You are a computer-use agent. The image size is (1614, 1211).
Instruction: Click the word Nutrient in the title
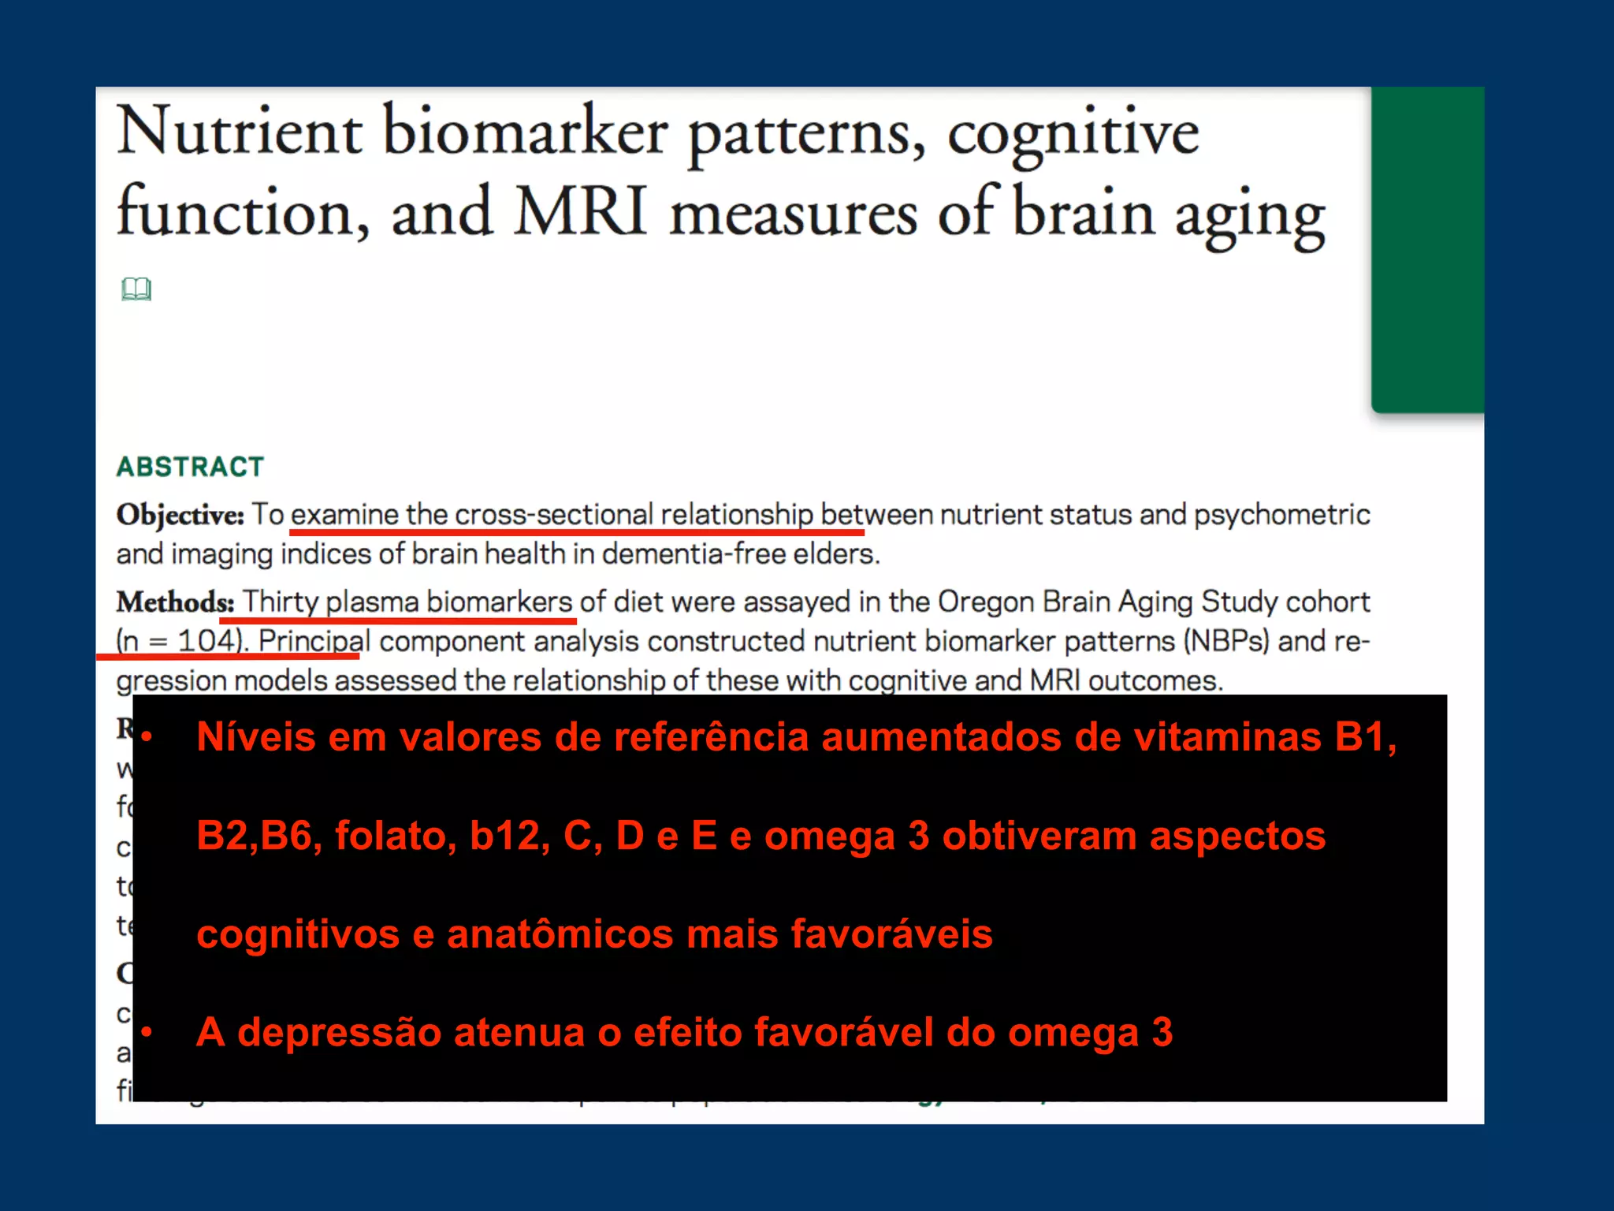pos(240,131)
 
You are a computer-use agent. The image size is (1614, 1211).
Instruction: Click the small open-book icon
pos(136,289)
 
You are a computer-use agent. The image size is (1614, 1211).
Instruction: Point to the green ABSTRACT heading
pos(190,467)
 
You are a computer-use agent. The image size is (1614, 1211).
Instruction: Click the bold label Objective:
pos(180,515)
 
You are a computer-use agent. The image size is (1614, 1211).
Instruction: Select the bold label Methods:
pos(175,602)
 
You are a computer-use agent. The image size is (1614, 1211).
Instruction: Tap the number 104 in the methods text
pos(206,640)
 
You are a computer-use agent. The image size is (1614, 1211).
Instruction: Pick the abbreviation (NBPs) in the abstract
pos(1226,641)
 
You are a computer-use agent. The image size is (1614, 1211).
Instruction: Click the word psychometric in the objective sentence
pos(1281,515)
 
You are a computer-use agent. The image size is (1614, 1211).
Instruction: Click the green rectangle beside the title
pos(1427,249)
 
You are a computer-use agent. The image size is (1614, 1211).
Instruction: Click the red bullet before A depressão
pos(147,1032)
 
